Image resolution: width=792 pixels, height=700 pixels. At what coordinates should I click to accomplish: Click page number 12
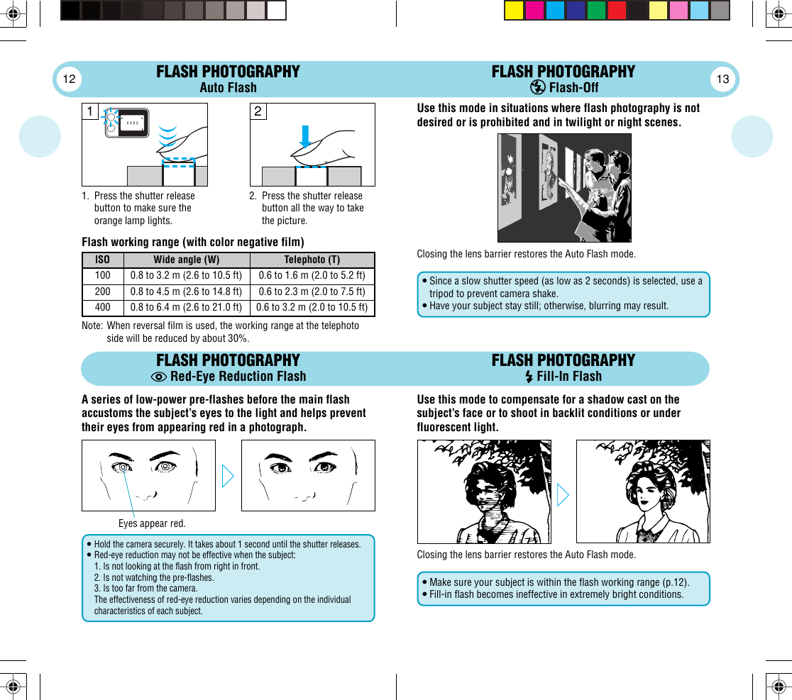coord(69,79)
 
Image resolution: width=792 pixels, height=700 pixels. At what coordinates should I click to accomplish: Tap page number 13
coord(722,79)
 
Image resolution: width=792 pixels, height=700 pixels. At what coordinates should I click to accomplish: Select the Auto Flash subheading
coord(228,88)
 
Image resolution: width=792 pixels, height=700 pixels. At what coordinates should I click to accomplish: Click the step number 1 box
coord(90,111)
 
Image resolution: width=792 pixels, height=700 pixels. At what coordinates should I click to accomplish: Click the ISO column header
coord(102,260)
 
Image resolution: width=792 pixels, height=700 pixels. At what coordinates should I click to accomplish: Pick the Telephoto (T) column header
coord(312,260)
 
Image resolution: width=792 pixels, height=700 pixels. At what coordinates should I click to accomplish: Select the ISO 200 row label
coord(102,291)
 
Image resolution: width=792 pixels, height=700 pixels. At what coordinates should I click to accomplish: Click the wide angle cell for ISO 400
coord(185,308)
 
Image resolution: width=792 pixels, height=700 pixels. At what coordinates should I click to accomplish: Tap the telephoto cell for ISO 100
coord(312,276)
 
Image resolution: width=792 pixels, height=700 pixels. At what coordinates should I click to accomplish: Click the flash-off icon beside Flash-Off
coord(538,88)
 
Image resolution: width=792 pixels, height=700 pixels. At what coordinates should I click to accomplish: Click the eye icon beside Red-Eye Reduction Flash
coord(160,377)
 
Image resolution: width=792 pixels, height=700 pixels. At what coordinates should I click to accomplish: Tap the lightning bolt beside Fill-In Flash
coord(529,377)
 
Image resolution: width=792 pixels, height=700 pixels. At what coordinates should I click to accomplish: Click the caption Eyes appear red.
coord(152,523)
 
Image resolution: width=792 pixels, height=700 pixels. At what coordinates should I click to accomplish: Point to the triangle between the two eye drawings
coord(228,476)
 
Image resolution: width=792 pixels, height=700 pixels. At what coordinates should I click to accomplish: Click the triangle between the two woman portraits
coord(563,494)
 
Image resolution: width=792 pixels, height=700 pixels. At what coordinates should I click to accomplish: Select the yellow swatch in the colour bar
coord(514,11)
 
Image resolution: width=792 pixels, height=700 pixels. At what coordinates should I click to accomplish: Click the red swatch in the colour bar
coord(617,11)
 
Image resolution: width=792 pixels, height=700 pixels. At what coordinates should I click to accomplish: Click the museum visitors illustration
coord(564,188)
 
